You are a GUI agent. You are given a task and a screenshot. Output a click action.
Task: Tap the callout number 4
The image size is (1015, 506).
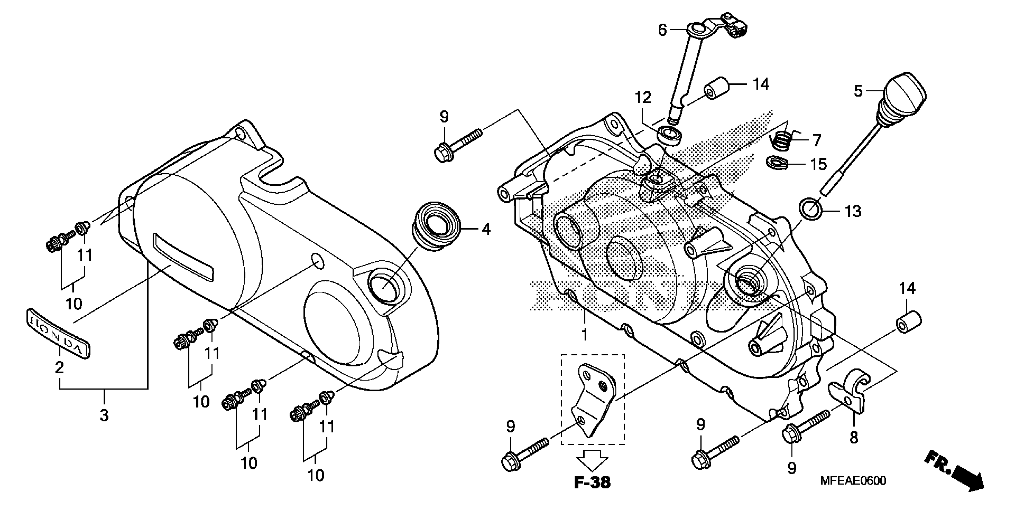point(486,229)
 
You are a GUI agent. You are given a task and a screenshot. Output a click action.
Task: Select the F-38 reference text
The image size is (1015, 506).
point(592,482)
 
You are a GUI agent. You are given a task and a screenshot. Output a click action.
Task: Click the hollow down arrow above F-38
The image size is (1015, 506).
point(592,459)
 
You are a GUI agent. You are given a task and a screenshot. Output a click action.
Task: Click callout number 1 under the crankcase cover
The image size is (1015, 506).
point(585,335)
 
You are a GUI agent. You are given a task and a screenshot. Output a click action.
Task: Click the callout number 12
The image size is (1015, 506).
point(643,98)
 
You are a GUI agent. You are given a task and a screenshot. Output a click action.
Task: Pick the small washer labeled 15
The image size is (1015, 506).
point(777,162)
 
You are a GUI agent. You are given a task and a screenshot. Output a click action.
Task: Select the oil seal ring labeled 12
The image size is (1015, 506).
point(669,135)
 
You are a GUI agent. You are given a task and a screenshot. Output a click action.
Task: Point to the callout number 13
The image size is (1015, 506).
point(853,211)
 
